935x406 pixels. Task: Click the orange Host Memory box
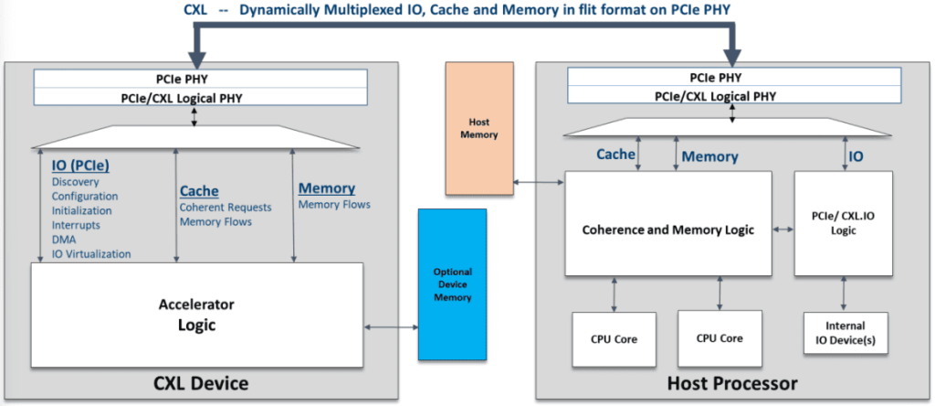(479, 128)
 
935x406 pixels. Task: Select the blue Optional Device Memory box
(452, 284)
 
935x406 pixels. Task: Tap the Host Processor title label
(733, 382)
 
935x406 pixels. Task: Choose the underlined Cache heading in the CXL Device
(199, 190)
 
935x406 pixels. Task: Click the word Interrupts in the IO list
(77, 225)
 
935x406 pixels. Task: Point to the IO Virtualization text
(91, 253)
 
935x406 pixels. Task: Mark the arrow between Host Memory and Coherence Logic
(539, 184)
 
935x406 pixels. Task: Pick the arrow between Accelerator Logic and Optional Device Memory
(390, 326)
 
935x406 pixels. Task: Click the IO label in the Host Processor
(856, 156)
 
